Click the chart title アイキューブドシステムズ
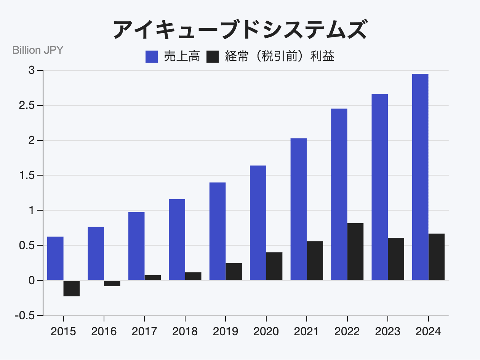tap(240, 30)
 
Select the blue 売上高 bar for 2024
tap(420, 177)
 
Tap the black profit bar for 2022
tap(355, 252)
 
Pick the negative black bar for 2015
tap(72, 288)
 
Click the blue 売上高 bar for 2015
tap(55, 259)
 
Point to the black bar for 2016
tap(112, 283)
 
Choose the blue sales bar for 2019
tap(218, 231)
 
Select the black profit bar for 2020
tap(274, 266)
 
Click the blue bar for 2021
tap(299, 209)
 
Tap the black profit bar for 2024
tap(437, 257)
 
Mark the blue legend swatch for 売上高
tap(152, 57)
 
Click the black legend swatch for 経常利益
tap(213, 57)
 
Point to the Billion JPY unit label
tap(38, 50)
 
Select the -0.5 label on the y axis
tap(25, 316)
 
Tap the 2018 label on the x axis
tap(185, 331)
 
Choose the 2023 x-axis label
tap(388, 331)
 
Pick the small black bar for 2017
tap(153, 278)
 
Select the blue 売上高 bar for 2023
tap(380, 187)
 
